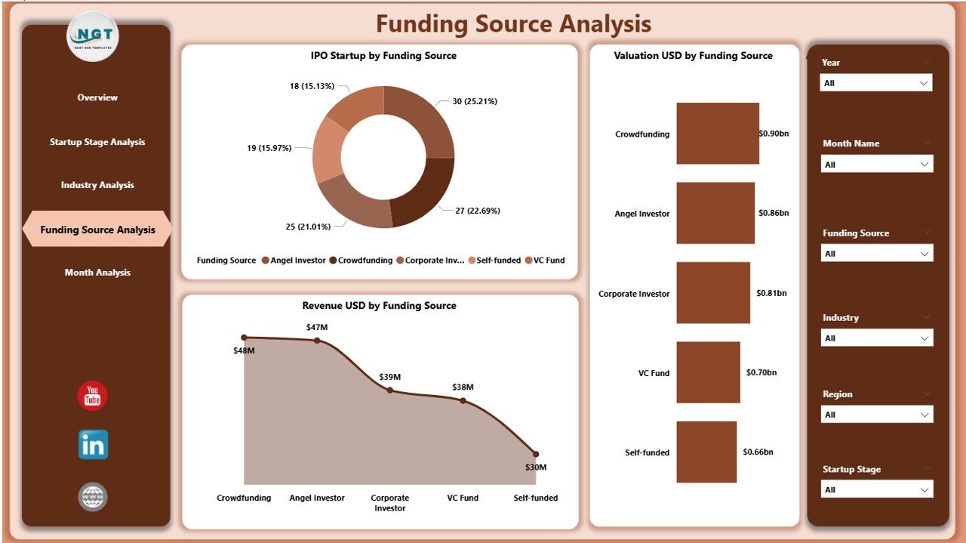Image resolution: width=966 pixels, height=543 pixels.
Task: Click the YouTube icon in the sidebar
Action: pyautogui.click(x=92, y=396)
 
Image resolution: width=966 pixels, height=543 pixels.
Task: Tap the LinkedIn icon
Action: pyautogui.click(x=93, y=445)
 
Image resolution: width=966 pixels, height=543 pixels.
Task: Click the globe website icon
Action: pyautogui.click(x=93, y=497)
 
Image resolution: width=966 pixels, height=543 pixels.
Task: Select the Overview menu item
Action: pyautogui.click(x=97, y=97)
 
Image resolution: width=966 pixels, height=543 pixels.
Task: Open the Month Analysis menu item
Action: pyautogui.click(x=97, y=273)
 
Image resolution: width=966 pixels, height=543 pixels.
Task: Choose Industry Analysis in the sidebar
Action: pyautogui.click(x=97, y=185)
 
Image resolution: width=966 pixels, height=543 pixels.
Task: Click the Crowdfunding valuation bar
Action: pyautogui.click(x=717, y=134)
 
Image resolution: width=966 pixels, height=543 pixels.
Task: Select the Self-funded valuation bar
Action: pyautogui.click(x=706, y=452)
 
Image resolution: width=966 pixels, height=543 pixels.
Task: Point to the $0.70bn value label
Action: pyautogui.click(x=761, y=372)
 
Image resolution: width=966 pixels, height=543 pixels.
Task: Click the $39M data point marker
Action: pyautogui.click(x=389, y=390)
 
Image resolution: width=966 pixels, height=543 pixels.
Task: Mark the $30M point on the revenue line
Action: pyautogui.click(x=536, y=454)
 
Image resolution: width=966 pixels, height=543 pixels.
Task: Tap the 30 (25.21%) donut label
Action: pyautogui.click(x=475, y=101)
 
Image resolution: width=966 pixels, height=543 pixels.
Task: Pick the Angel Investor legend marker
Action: pyautogui.click(x=266, y=261)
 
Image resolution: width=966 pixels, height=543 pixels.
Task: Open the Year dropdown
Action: pyautogui.click(x=875, y=83)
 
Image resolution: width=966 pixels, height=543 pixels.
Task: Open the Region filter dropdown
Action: pyautogui.click(x=875, y=415)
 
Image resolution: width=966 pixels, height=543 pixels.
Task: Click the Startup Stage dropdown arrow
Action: pyautogui.click(x=924, y=490)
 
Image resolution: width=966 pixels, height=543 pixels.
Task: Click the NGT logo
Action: pyautogui.click(x=92, y=35)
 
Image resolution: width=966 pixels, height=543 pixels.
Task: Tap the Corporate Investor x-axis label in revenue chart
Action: pyautogui.click(x=389, y=503)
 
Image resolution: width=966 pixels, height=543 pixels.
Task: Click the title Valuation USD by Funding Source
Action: pyautogui.click(x=693, y=56)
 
